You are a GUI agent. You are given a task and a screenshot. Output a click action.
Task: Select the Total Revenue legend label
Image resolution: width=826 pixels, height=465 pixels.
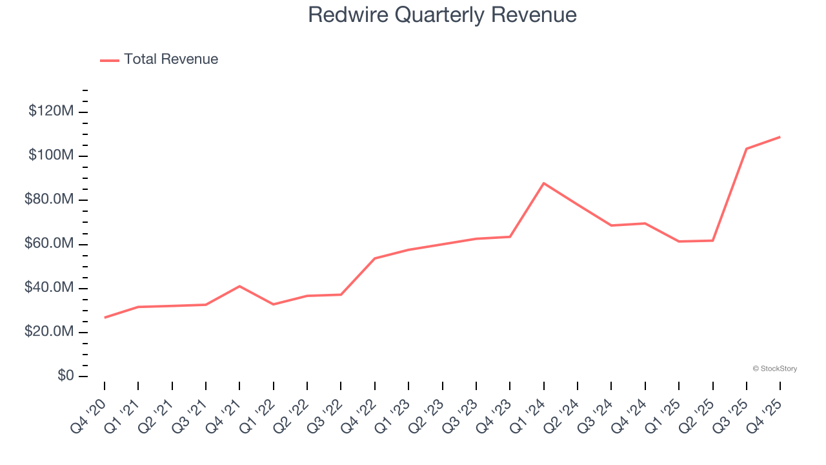(x=171, y=59)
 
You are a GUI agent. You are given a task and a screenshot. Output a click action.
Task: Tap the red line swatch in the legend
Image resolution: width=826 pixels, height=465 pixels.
(x=110, y=60)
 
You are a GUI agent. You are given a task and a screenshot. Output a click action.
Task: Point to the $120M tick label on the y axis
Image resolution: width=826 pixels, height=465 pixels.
(x=51, y=112)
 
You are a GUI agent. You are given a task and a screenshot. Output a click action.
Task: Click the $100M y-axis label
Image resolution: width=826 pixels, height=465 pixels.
(x=51, y=156)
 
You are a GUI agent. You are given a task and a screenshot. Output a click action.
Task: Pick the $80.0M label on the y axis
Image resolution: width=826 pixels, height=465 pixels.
(x=49, y=200)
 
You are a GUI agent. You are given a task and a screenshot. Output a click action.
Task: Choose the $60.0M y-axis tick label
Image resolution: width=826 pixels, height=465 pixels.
(x=49, y=244)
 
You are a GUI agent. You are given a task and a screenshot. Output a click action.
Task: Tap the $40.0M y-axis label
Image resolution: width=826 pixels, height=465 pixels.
(x=49, y=288)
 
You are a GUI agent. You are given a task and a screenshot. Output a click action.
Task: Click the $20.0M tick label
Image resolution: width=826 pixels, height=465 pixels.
(x=49, y=332)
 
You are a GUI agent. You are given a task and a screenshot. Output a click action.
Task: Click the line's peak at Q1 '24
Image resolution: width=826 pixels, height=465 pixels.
(x=544, y=183)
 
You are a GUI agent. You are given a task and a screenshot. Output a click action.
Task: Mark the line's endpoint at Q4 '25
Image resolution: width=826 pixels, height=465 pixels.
(x=780, y=137)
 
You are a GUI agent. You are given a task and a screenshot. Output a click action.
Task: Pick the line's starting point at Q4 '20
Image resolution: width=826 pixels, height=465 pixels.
(x=105, y=317)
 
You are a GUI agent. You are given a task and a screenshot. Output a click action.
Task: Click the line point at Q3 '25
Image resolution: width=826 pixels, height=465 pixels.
(x=747, y=149)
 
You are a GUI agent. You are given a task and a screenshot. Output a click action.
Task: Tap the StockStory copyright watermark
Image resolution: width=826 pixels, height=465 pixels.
(x=774, y=369)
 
